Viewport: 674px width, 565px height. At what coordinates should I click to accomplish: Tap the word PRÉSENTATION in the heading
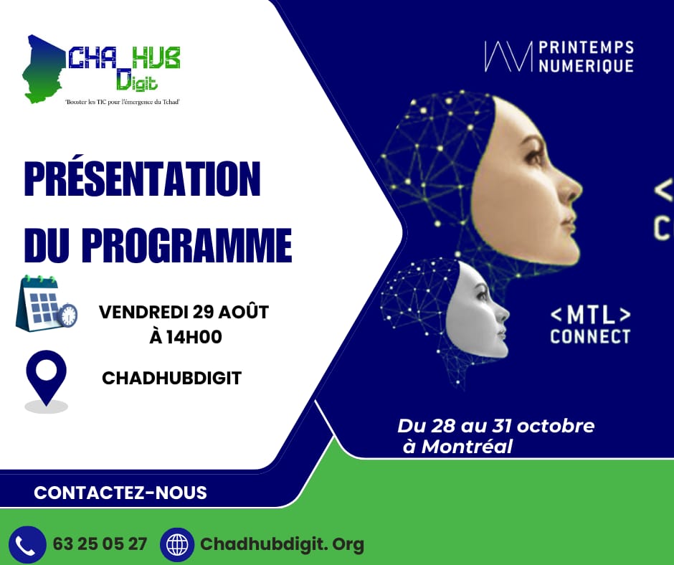142,180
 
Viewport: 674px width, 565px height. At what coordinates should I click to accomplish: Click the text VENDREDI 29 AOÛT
184,313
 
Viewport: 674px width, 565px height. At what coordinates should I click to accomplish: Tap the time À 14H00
185,337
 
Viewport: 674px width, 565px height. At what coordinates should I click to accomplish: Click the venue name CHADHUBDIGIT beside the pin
172,378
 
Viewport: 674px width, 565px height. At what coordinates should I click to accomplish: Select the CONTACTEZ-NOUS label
120,493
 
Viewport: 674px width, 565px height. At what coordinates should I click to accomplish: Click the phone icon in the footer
27,544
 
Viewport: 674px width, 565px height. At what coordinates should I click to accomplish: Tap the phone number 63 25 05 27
100,544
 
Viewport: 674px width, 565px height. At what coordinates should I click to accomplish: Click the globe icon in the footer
177,544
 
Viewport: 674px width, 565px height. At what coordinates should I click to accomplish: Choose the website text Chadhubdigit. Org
283,544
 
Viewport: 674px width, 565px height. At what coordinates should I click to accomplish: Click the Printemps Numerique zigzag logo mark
508,57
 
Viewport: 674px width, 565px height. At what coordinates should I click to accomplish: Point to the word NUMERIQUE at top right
585,65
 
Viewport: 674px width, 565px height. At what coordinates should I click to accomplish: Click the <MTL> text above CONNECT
590,315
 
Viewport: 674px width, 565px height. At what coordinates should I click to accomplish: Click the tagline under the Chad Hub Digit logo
121,102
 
